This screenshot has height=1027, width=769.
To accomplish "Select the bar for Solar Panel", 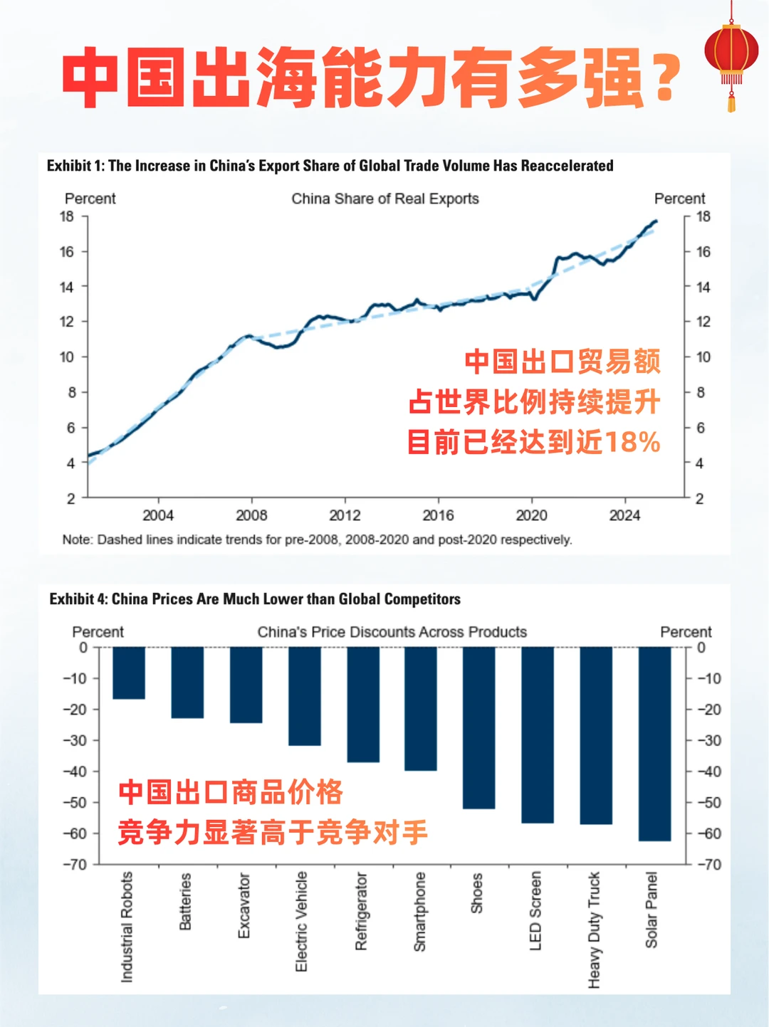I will (654, 744).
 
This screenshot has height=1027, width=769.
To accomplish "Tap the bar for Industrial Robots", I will (129, 673).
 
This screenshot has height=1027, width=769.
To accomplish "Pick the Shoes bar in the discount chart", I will (478, 727).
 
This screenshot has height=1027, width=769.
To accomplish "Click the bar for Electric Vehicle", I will (304, 696).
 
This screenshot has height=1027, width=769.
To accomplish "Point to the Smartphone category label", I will (420, 912).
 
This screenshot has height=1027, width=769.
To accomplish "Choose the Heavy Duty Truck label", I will (595, 929).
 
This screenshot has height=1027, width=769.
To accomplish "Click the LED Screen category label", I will (536, 910).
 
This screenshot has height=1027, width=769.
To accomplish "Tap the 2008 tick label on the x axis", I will (251, 515).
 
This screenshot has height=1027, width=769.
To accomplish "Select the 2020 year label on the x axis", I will (531, 515).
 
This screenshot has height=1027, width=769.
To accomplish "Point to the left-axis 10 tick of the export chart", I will (67, 357).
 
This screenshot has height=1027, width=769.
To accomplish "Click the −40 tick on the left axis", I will (75, 771).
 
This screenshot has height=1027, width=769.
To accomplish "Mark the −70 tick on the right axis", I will (708, 865).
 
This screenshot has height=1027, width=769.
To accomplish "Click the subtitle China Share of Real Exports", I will (384, 199).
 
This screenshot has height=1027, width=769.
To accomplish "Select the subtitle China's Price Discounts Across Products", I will (392, 632).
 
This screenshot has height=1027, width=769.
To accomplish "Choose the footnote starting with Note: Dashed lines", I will (317, 539).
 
